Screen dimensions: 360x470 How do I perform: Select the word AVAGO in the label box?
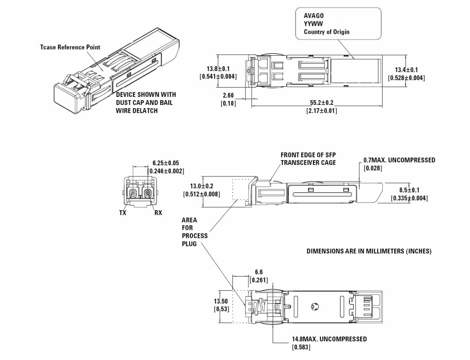(x=314, y=15)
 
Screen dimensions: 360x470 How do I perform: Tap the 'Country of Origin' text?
(x=326, y=32)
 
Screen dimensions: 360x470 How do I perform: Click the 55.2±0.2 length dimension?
(x=321, y=103)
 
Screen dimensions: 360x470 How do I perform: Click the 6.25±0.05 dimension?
(x=166, y=163)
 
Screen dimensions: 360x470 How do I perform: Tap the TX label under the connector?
(x=123, y=212)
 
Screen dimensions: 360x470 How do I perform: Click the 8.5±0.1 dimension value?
(x=409, y=190)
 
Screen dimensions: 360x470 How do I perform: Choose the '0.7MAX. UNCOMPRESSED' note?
(x=399, y=160)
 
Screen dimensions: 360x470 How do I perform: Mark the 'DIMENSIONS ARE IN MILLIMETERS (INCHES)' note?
(x=369, y=251)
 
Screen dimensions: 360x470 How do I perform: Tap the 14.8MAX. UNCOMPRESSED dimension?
(x=329, y=339)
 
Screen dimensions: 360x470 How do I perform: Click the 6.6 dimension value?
(x=258, y=272)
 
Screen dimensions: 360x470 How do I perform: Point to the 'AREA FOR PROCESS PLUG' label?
(x=195, y=232)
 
